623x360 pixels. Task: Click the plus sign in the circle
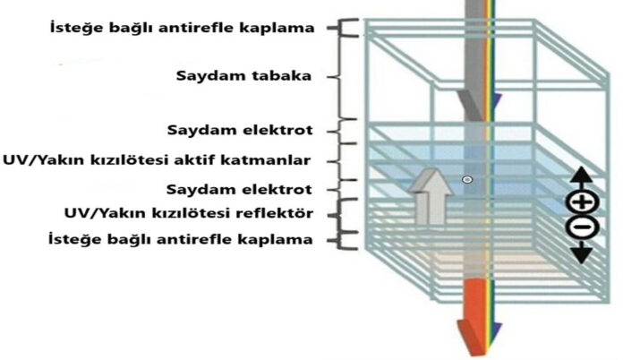point(583,202)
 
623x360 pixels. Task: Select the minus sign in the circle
point(583,227)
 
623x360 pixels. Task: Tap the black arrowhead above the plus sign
point(582,174)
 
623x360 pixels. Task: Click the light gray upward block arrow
point(431,196)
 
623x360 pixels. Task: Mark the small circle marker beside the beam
point(467,180)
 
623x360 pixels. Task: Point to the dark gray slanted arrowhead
point(471,105)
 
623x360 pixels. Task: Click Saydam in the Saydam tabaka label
point(209,75)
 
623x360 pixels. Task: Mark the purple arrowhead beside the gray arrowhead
point(497,102)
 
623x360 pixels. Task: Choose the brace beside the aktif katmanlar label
point(339,162)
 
